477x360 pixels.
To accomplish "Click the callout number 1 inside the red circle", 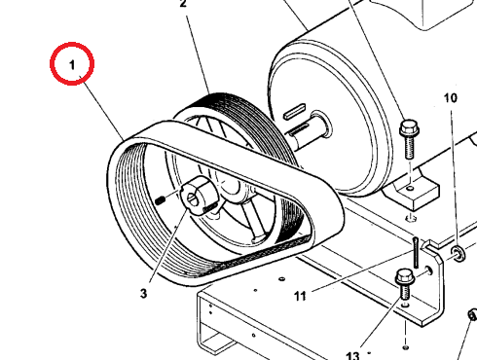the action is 72,65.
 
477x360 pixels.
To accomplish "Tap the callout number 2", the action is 183,4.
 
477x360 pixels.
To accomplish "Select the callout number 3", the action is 143,294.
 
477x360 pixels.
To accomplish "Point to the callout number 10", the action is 451,98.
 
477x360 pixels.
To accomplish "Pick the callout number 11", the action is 300,296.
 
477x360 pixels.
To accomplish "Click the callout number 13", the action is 352,355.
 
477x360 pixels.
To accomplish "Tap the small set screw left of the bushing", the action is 160,200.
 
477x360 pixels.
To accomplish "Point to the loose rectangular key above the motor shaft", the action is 295,110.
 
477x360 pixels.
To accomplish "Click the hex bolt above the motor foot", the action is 409,139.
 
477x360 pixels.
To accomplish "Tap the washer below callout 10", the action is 458,253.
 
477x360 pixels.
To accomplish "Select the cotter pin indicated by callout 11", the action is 416,252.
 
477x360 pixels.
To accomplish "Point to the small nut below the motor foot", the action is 411,218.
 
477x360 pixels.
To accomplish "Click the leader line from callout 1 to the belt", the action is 102,109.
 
